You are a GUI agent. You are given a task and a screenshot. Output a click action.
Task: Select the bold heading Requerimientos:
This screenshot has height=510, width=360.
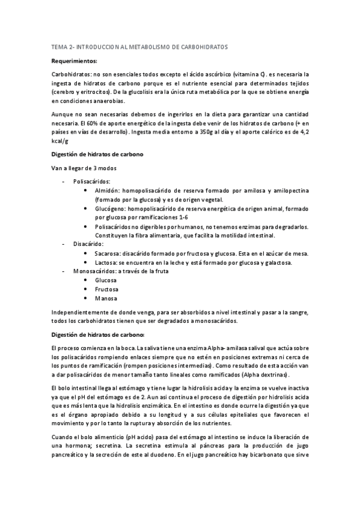point(75,60)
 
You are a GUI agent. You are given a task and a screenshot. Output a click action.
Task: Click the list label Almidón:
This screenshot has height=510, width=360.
point(109,190)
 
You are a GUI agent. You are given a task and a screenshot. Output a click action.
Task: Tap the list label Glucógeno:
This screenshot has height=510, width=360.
point(112,209)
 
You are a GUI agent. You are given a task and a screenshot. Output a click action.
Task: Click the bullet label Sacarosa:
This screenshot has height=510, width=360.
point(110,254)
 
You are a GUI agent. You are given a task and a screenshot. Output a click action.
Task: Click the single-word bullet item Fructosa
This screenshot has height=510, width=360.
point(108,289)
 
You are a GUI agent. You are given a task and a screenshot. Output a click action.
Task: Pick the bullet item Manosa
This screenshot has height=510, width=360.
point(106,298)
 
